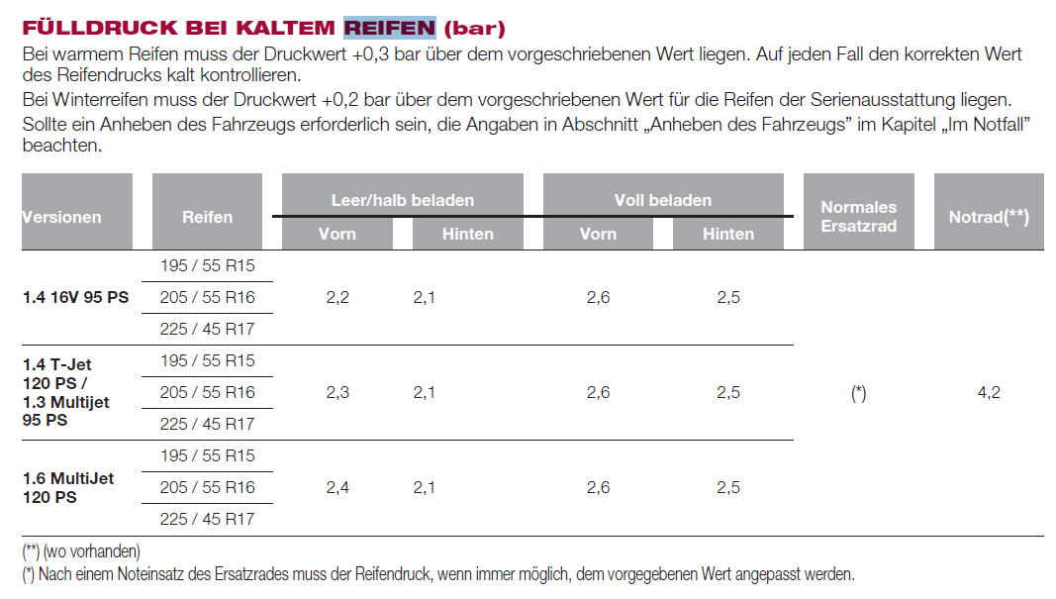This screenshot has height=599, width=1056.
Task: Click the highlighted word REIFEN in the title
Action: tap(389, 27)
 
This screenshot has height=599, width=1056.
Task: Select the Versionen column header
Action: tap(62, 217)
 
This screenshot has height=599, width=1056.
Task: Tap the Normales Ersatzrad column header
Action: tap(858, 216)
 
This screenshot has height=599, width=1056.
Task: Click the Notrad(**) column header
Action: tap(989, 217)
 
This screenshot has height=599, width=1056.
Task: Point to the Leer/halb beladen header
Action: tap(402, 200)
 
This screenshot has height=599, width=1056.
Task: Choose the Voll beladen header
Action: tap(663, 200)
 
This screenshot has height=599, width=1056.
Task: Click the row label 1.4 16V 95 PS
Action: tap(75, 297)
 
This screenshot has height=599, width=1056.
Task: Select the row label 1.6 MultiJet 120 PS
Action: tap(68, 487)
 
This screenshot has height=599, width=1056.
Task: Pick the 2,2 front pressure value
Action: tap(337, 297)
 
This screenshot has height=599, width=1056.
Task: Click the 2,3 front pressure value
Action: tap(337, 392)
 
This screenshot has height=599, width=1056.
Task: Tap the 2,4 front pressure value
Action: tap(337, 487)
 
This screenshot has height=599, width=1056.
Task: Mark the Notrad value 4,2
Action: tap(989, 392)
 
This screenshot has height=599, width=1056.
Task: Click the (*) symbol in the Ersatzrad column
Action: tap(858, 393)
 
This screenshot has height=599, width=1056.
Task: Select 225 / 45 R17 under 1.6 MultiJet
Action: tap(207, 519)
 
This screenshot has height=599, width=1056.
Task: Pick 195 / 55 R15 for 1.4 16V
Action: tap(207, 265)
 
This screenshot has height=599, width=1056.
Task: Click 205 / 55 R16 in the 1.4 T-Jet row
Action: tap(207, 392)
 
